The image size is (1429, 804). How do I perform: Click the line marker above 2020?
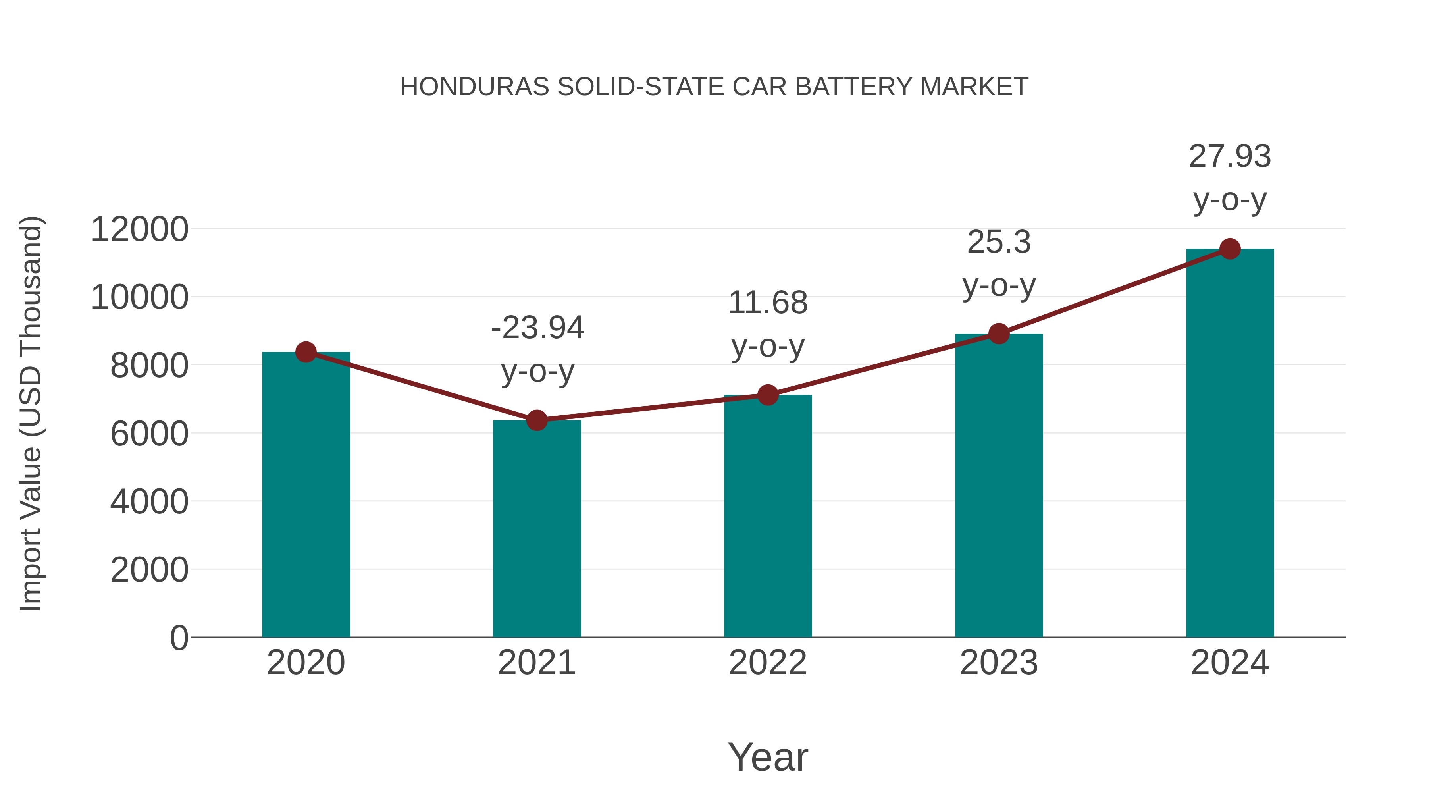(306, 352)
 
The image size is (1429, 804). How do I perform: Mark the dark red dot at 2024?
(1230, 249)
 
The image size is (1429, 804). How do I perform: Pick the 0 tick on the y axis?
(179, 638)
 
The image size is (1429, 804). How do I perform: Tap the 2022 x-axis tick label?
(768, 663)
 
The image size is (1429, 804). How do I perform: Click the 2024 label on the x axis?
(1230, 663)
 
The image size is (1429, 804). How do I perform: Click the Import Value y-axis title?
(31, 413)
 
